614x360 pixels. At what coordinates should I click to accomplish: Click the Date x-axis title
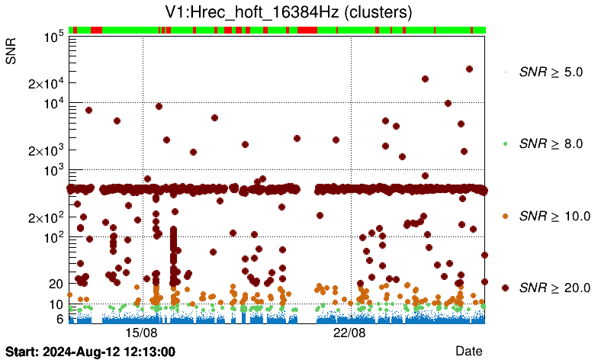click(x=469, y=351)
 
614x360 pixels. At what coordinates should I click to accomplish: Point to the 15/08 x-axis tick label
click(x=142, y=333)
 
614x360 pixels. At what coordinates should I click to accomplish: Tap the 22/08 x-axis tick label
click(x=351, y=333)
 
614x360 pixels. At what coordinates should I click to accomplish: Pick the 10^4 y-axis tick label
click(x=52, y=104)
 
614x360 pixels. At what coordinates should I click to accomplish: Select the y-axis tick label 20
click(x=55, y=284)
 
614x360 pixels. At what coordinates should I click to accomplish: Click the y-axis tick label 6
click(x=59, y=319)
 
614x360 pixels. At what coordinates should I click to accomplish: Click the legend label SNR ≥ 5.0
click(x=551, y=72)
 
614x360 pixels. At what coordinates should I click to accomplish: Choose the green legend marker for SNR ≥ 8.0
click(x=505, y=143)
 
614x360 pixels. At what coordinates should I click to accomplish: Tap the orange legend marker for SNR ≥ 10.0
click(x=505, y=216)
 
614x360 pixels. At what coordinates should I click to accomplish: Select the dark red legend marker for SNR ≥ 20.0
click(x=505, y=288)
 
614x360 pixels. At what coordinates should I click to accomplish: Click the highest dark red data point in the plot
click(x=469, y=69)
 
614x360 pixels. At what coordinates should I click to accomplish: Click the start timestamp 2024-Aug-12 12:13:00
click(x=91, y=352)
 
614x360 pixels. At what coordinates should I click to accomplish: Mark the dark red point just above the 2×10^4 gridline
click(x=425, y=79)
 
